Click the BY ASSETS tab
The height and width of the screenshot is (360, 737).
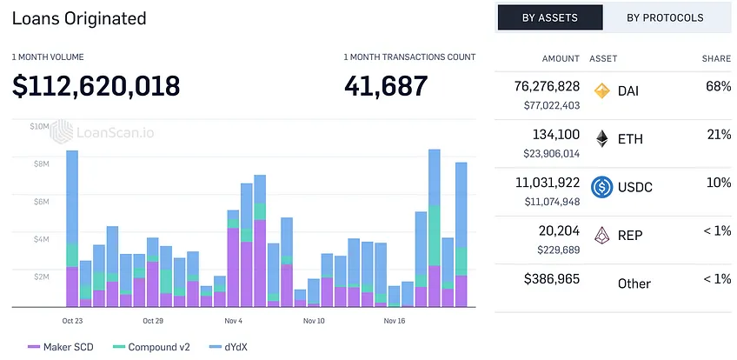[x=550, y=18]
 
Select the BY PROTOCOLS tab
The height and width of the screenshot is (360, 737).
[x=665, y=18]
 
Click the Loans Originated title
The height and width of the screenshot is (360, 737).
[x=79, y=18]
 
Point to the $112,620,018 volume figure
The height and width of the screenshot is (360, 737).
[x=96, y=86]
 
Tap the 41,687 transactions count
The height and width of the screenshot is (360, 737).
[x=386, y=86]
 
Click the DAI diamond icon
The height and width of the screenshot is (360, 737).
[x=602, y=90]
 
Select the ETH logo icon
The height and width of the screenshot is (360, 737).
[x=602, y=139]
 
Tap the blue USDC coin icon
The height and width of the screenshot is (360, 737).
[x=602, y=187]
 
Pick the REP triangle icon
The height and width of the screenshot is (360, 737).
[x=602, y=235]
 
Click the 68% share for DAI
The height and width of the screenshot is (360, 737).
[x=718, y=86]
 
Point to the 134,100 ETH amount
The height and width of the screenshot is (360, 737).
[x=556, y=135]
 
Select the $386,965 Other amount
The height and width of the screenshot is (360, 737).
[x=552, y=278]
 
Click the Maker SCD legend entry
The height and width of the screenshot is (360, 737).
[x=61, y=347]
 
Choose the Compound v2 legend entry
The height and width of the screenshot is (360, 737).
[x=151, y=347]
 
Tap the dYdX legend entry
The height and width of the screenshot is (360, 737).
[x=228, y=347]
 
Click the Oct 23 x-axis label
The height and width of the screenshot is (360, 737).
[x=72, y=321]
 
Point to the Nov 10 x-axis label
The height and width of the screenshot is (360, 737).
[x=314, y=321]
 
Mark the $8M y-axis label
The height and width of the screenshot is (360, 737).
[x=40, y=163]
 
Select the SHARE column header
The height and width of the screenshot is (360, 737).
[x=717, y=59]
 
